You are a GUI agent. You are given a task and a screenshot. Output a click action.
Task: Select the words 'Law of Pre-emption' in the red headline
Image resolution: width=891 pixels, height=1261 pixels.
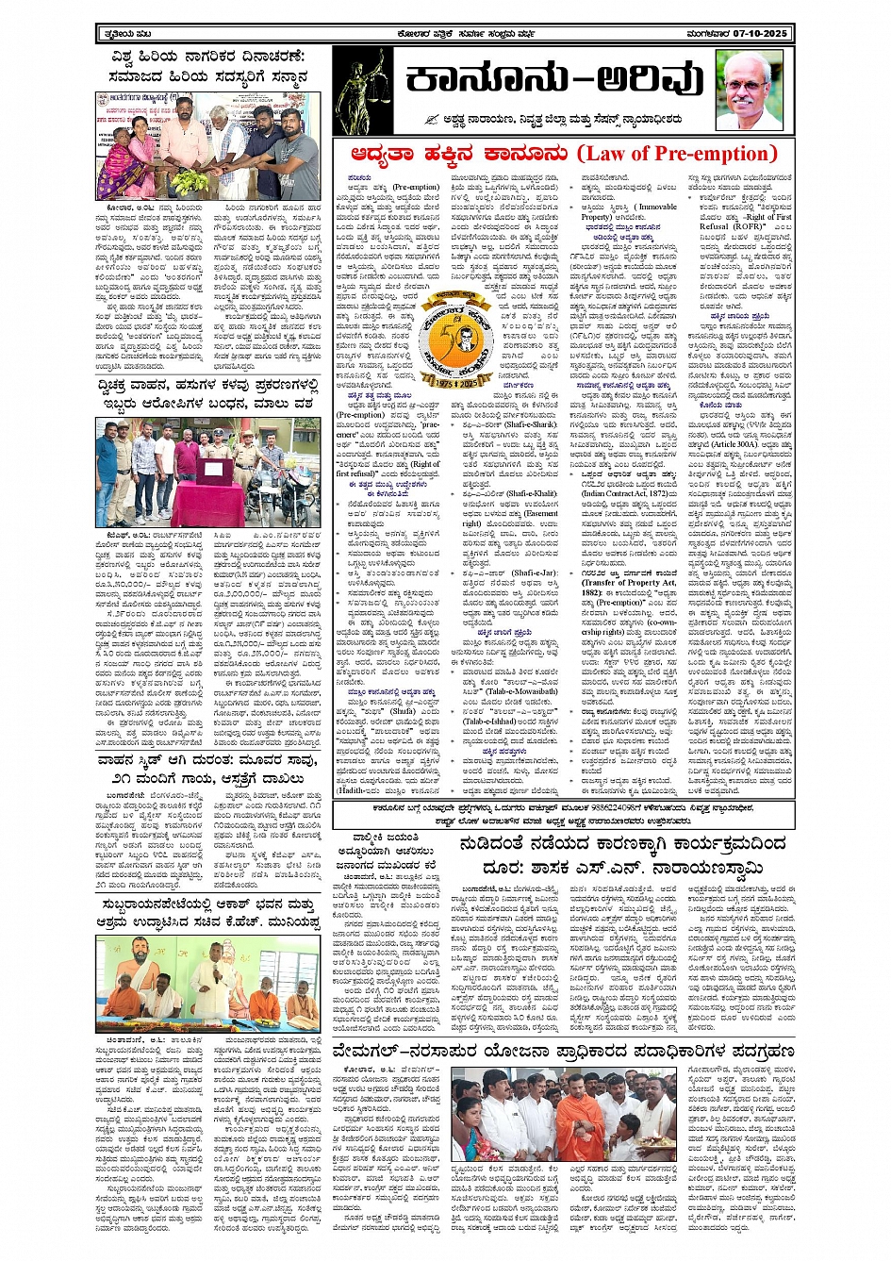point(676,154)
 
